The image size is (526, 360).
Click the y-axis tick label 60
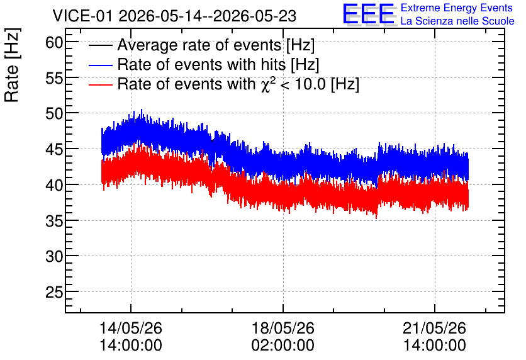(54, 43)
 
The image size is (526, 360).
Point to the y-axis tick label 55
(54, 79)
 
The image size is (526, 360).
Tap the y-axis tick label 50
(54, 114)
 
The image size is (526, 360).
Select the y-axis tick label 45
(54, 150)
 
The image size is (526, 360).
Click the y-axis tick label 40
(54, 185)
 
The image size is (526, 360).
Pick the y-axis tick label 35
(54, 221)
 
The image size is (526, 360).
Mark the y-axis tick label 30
(54, 257)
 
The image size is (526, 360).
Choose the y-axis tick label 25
(54, 293)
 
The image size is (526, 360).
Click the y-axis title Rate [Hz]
(12, 65)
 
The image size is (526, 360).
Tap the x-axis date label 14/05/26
(131, 328)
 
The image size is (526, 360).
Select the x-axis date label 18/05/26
(283, 328)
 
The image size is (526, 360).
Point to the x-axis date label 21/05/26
(434, 328)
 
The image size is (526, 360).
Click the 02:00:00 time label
(283, 346)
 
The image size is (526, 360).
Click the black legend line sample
(100, 45)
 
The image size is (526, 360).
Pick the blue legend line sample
(100, 65)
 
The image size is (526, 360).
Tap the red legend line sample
(100, 85)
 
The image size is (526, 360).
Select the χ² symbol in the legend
(268, 84)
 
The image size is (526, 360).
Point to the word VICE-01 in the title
(82, 16)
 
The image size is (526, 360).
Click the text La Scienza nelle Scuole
(457, 21)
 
